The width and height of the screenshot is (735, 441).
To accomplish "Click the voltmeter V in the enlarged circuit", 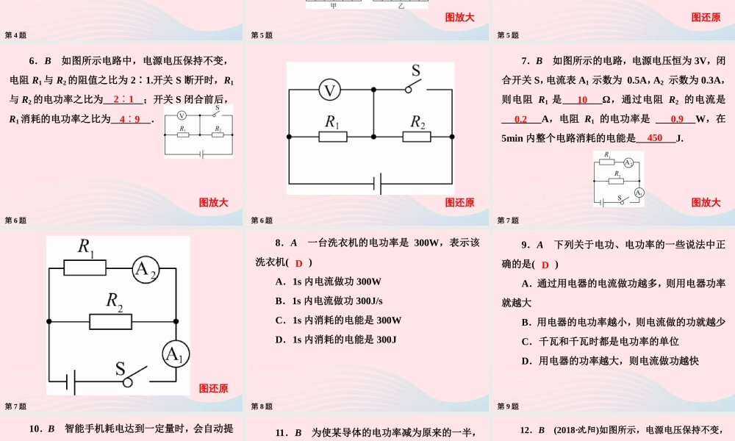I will click(331, 90).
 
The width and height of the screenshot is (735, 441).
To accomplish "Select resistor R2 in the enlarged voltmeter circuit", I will click(419, 137).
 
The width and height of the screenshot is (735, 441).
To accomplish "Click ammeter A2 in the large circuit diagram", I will click(145, 271).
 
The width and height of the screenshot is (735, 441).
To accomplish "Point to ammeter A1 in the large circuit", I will click(174, 355).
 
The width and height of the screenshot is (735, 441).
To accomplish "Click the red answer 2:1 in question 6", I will click(123, 100).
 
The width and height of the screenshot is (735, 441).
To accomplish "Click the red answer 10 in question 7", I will click(583, 100).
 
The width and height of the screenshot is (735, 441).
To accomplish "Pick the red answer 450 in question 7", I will click(655, 137).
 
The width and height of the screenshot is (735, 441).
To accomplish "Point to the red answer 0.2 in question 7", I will click(521, 119).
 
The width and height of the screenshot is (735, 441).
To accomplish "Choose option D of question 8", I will click(336, 340).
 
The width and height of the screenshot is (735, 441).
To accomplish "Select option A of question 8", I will click(329, 282).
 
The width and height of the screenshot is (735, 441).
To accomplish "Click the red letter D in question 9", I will click(545, 265).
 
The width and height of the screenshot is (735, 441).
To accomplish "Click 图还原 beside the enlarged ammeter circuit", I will click(213, 389).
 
